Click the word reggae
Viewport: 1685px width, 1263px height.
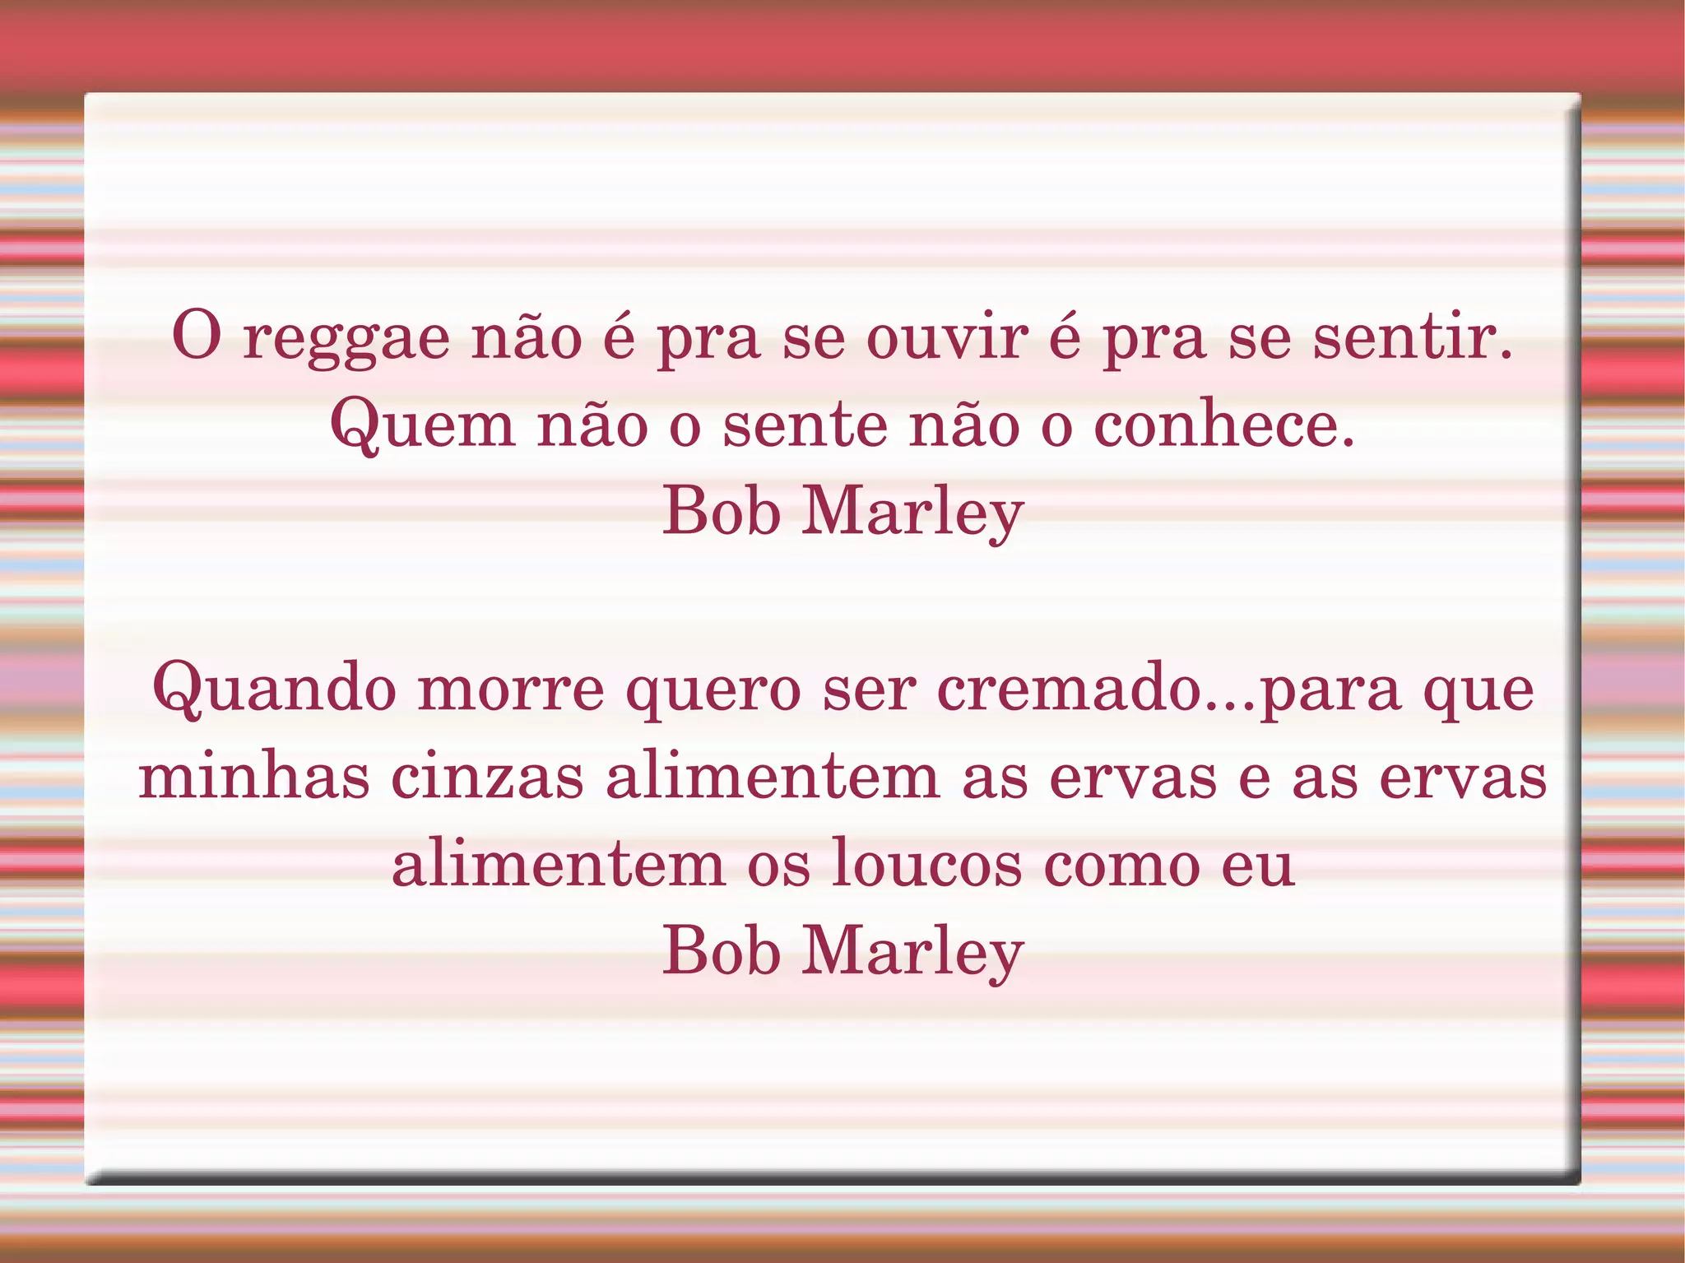pos(346,340)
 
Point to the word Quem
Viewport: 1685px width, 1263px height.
pos(423,426)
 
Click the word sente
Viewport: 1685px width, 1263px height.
pos(805,426)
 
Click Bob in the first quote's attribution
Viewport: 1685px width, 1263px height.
pos(722,512)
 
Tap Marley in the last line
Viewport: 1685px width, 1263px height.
pos(913,951)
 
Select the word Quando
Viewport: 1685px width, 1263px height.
pos(275,690)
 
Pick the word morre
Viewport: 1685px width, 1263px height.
pos(511,690)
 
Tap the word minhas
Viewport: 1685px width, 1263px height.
pos(254,777)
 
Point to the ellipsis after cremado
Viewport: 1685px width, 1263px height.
pos(1231,706)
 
